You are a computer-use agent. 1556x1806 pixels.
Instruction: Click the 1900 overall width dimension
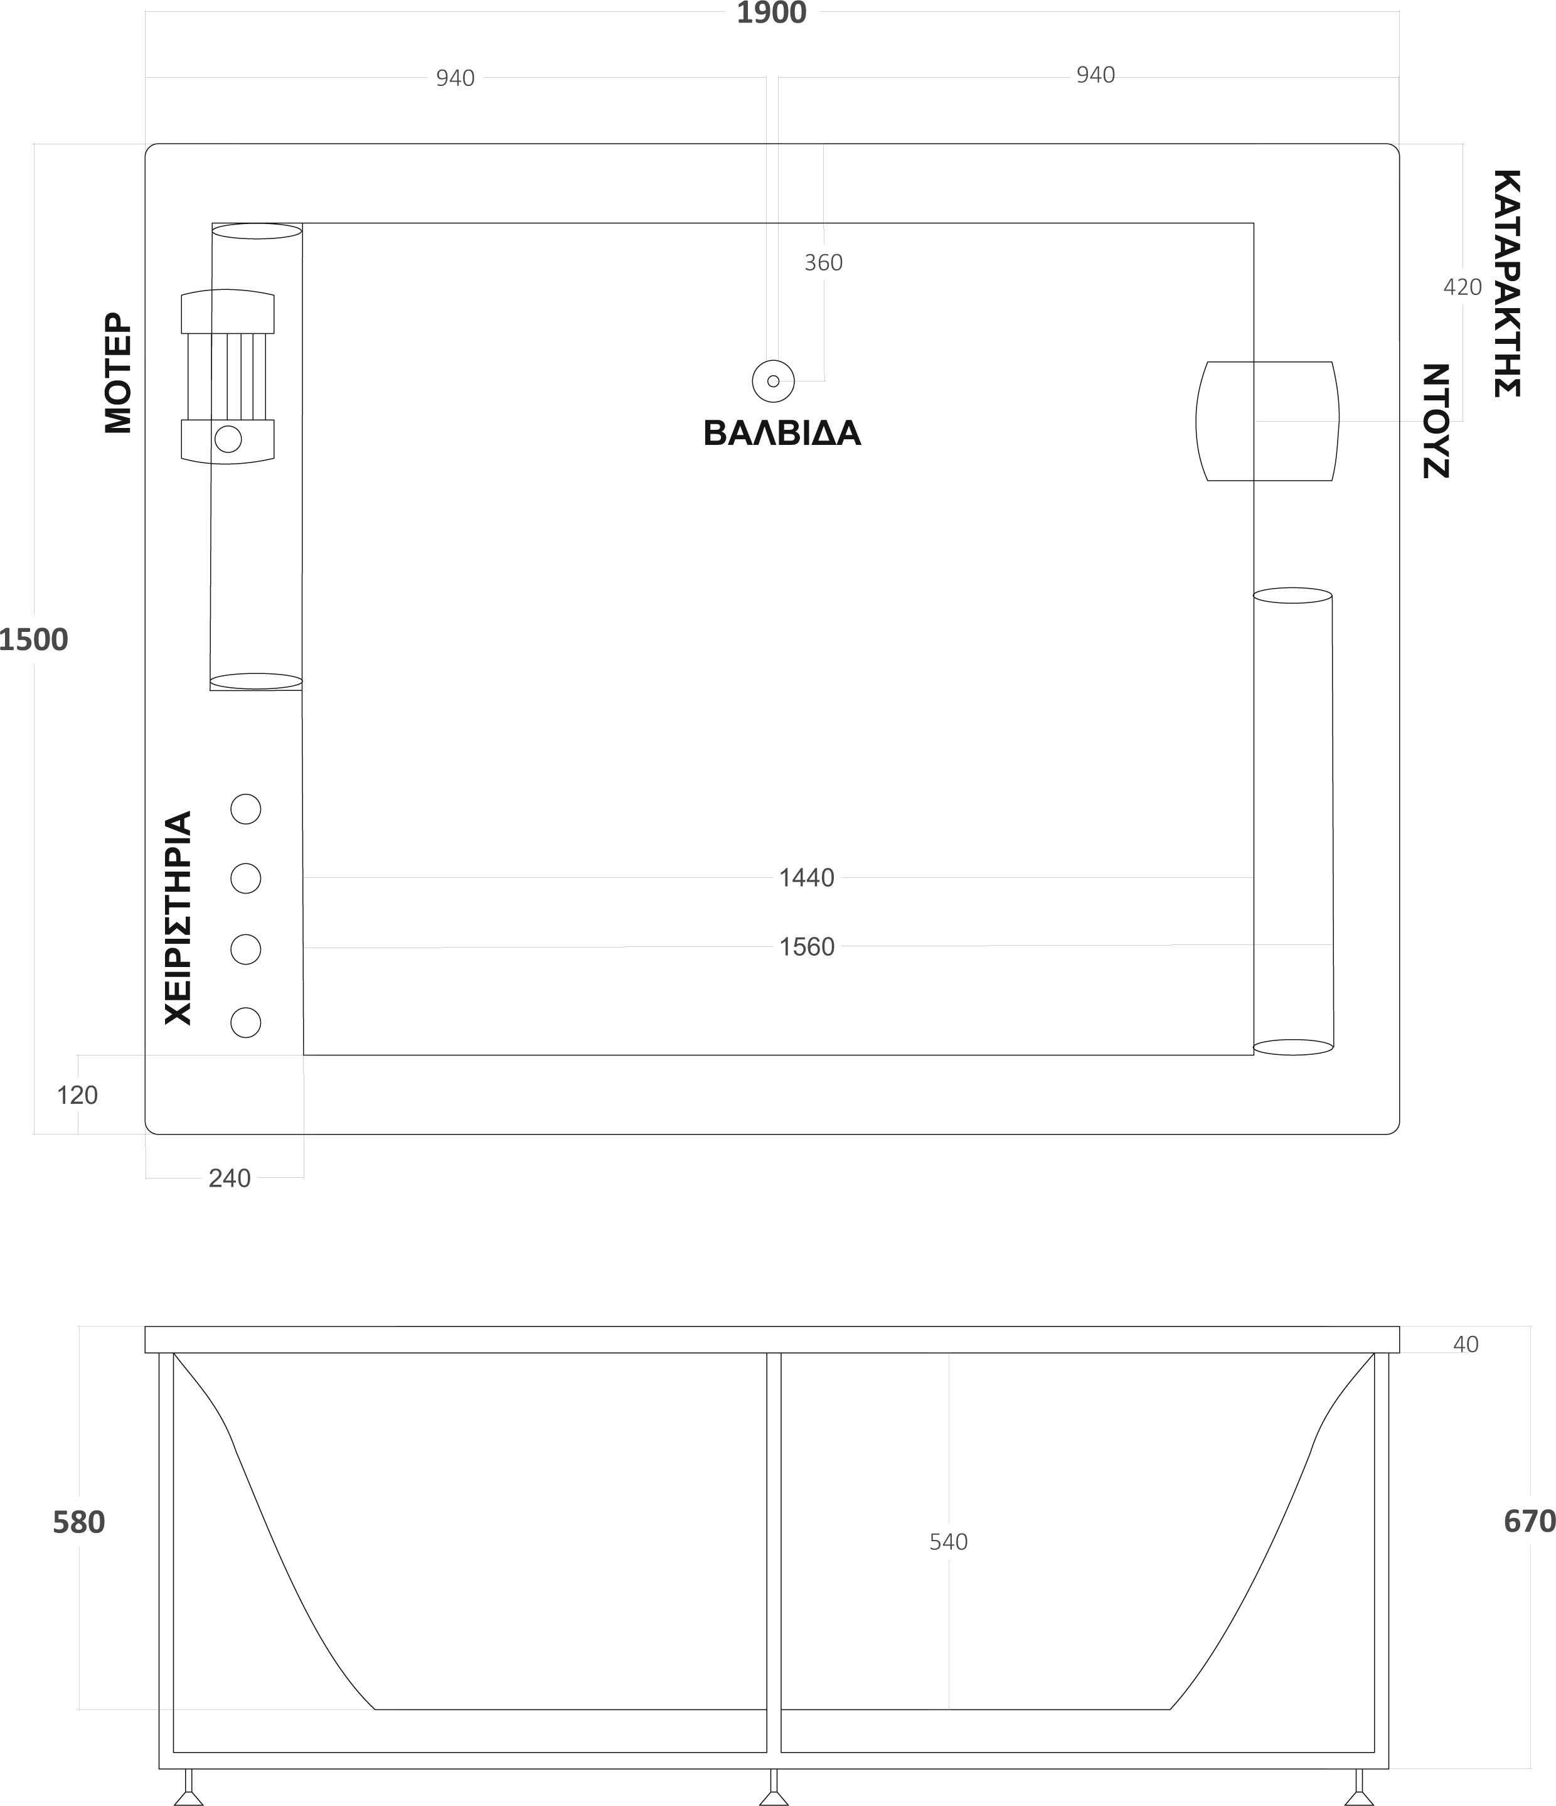tap(772, 13)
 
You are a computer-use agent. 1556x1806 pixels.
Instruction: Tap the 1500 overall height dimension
tap(33, 640)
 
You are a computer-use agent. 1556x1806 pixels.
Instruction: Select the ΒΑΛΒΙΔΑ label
tap(782, 433)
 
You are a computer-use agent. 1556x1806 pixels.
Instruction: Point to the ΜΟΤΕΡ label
tap(118, 373)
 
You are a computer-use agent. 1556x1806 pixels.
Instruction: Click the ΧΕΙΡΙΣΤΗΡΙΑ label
tap(178, 918)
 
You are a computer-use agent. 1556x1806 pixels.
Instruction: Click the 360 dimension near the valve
tap(823, 262)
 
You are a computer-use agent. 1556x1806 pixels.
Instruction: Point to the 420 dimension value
tap(1462, 287)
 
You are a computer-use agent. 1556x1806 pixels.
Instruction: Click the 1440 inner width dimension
tap(806, 878)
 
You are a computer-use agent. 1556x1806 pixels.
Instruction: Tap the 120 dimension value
tap(78, 1095)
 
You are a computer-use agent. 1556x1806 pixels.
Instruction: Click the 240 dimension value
tap(229, 1178)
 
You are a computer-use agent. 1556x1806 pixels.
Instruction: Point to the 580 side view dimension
tap(78, 1522)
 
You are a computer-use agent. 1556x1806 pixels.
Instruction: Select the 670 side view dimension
tap(1529, 1521)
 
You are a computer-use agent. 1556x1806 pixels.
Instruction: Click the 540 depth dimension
tap(949, 1542)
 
